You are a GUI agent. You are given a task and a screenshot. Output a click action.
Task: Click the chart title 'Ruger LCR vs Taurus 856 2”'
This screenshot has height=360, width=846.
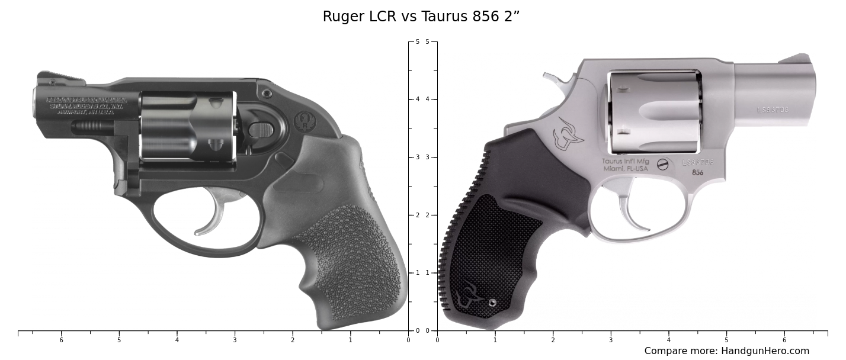(x=421, y=17)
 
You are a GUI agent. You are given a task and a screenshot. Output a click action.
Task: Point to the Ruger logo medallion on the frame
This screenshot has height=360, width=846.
(x=305, y=122)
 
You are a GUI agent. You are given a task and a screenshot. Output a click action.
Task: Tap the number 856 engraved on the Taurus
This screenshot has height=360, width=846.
(x=698, y=173)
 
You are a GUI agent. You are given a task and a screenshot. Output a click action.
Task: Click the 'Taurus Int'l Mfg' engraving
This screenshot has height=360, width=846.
(x=625, y=161)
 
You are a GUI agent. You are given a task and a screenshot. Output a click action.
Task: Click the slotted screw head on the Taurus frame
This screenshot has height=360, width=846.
(x=662, y=165)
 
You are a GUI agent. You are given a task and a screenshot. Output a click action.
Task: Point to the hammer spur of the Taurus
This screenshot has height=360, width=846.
(x=551, y=78)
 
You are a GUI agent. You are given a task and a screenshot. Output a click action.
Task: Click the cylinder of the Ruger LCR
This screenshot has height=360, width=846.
(x=187, y=126)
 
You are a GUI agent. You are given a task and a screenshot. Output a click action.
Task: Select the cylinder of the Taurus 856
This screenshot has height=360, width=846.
(x=655, y=112)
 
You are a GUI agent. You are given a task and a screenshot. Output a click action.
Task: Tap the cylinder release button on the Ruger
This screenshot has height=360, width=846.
(x=261, y=130)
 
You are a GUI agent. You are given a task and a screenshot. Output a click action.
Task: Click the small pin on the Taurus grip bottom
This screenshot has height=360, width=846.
(x=492, y=303)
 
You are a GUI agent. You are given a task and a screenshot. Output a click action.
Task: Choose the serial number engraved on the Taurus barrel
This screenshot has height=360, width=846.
(x=772, y=110)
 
